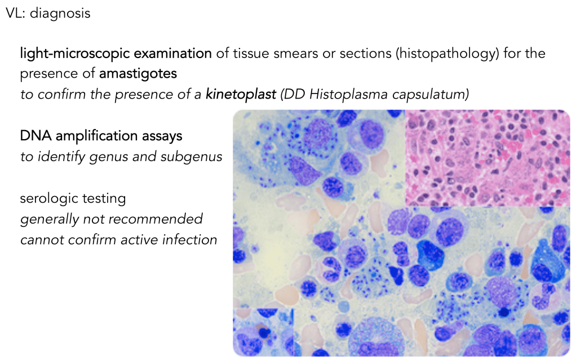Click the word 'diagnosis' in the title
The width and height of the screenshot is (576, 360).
coord(60,14)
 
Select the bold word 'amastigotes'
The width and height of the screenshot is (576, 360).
coord(138,74)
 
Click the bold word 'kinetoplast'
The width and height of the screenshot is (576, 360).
coord(241,95)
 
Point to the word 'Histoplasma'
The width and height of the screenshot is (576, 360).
coord(349,95)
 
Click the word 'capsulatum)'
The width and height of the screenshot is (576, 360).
coord(431,95)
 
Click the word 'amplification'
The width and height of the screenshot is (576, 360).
coord(97,136)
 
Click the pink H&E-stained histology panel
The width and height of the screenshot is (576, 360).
coord(488,158)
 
